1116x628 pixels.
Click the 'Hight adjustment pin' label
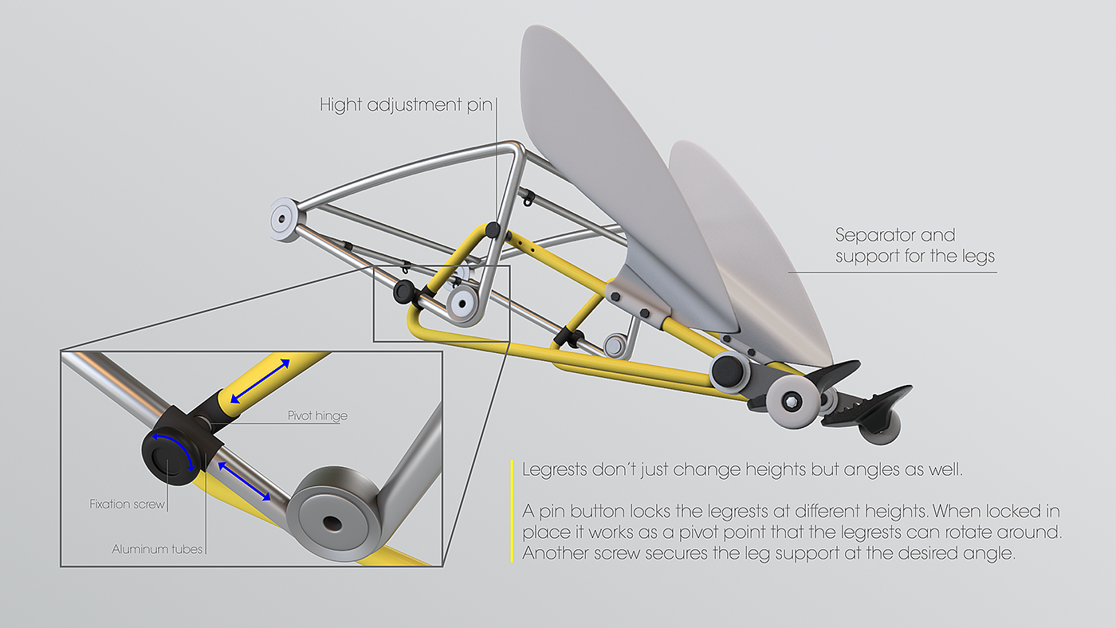pyautogui.click(x=406, y=104)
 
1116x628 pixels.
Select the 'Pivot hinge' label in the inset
pyautogui.click(x=317, y=416)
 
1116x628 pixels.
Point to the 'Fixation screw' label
pyautogui.click(x=127, y=504)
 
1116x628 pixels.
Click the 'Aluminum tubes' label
pyautogui.click(x=157, y=549)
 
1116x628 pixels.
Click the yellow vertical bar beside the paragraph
pyautogui.click(x=511, y=510)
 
